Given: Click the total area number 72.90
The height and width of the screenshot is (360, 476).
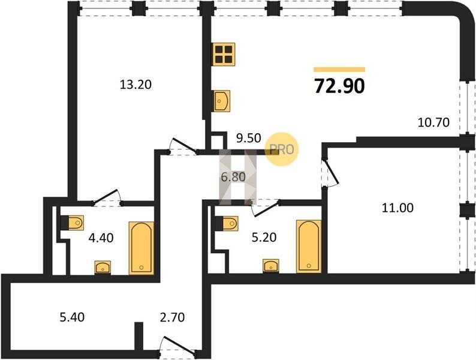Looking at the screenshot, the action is (339, 86).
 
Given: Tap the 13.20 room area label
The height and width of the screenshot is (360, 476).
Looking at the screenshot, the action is (135, 85).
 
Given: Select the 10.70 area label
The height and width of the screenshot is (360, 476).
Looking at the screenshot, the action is (433, 122).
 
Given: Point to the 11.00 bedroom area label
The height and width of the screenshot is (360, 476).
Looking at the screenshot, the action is (397, 208).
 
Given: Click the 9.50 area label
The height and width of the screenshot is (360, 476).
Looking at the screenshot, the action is (249, 138).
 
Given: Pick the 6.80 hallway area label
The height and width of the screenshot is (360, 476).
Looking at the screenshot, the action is (233, 176).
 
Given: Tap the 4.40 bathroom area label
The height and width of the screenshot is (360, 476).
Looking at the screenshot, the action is (101, 238).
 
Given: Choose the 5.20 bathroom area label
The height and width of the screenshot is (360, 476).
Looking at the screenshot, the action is (264, 237).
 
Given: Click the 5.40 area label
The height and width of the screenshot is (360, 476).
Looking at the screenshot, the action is (72, 317).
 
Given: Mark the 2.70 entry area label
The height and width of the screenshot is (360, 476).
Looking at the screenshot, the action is (172, 317).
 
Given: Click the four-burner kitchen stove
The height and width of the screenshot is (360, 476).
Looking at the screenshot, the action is (224, 54).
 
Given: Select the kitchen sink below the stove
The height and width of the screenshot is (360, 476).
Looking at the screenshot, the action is (222, 101).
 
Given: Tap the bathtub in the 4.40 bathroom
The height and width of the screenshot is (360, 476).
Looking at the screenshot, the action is (141, 248).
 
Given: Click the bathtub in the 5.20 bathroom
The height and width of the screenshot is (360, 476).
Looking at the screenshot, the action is (309, 246).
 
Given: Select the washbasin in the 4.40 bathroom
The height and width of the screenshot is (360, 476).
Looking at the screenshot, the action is (103, 268).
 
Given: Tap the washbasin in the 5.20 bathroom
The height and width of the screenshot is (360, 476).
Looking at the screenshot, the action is (271, 266).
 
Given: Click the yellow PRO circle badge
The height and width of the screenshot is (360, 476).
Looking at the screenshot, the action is (282, 149).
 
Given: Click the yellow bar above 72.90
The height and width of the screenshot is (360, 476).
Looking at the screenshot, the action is (339, 70).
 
